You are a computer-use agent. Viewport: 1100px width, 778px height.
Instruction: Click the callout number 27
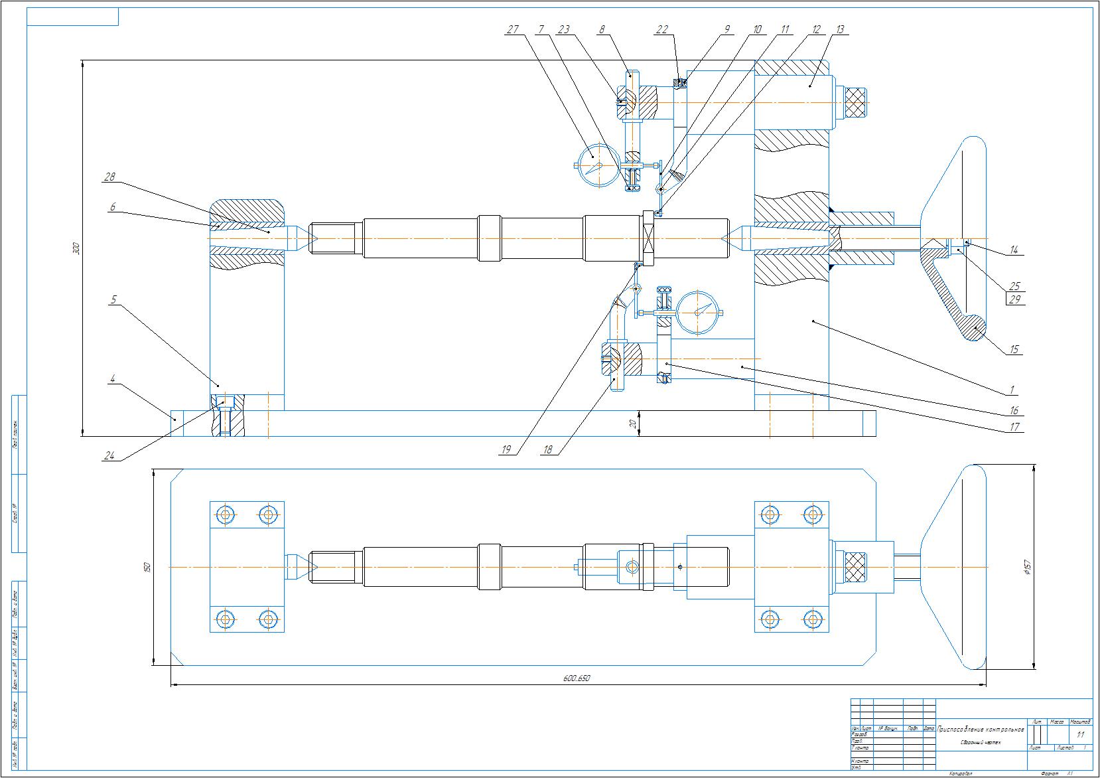click(512, 29)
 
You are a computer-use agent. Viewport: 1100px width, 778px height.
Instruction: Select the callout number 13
click(840, 29)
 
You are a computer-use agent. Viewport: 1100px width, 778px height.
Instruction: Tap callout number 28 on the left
click(109, 177)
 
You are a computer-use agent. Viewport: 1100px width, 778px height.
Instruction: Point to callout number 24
click(109, 456)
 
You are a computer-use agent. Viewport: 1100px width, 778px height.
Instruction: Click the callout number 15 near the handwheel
click(1014, 349)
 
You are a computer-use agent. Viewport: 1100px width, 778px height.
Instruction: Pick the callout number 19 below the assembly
click(506, 449)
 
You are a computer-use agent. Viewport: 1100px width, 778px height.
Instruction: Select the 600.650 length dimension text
click(577, 678)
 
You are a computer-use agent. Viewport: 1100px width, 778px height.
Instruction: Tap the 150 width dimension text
click(147, 567)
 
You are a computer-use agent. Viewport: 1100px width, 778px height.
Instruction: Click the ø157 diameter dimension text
click(1026, 567)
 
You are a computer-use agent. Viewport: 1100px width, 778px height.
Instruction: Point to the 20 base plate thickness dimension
click(634, 423)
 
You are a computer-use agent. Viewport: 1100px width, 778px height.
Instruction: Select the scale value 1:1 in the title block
click(1080, 735)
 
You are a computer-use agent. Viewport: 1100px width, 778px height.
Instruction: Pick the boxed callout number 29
click(1014, 299)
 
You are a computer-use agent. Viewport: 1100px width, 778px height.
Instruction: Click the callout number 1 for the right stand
click(1013, 390)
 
